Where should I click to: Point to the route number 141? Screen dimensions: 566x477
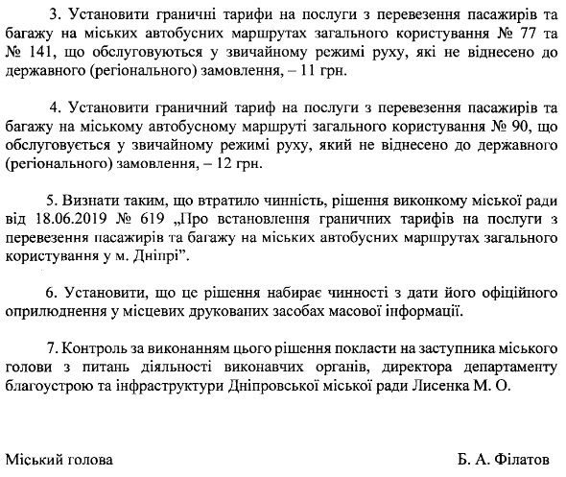click(40, 55)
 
